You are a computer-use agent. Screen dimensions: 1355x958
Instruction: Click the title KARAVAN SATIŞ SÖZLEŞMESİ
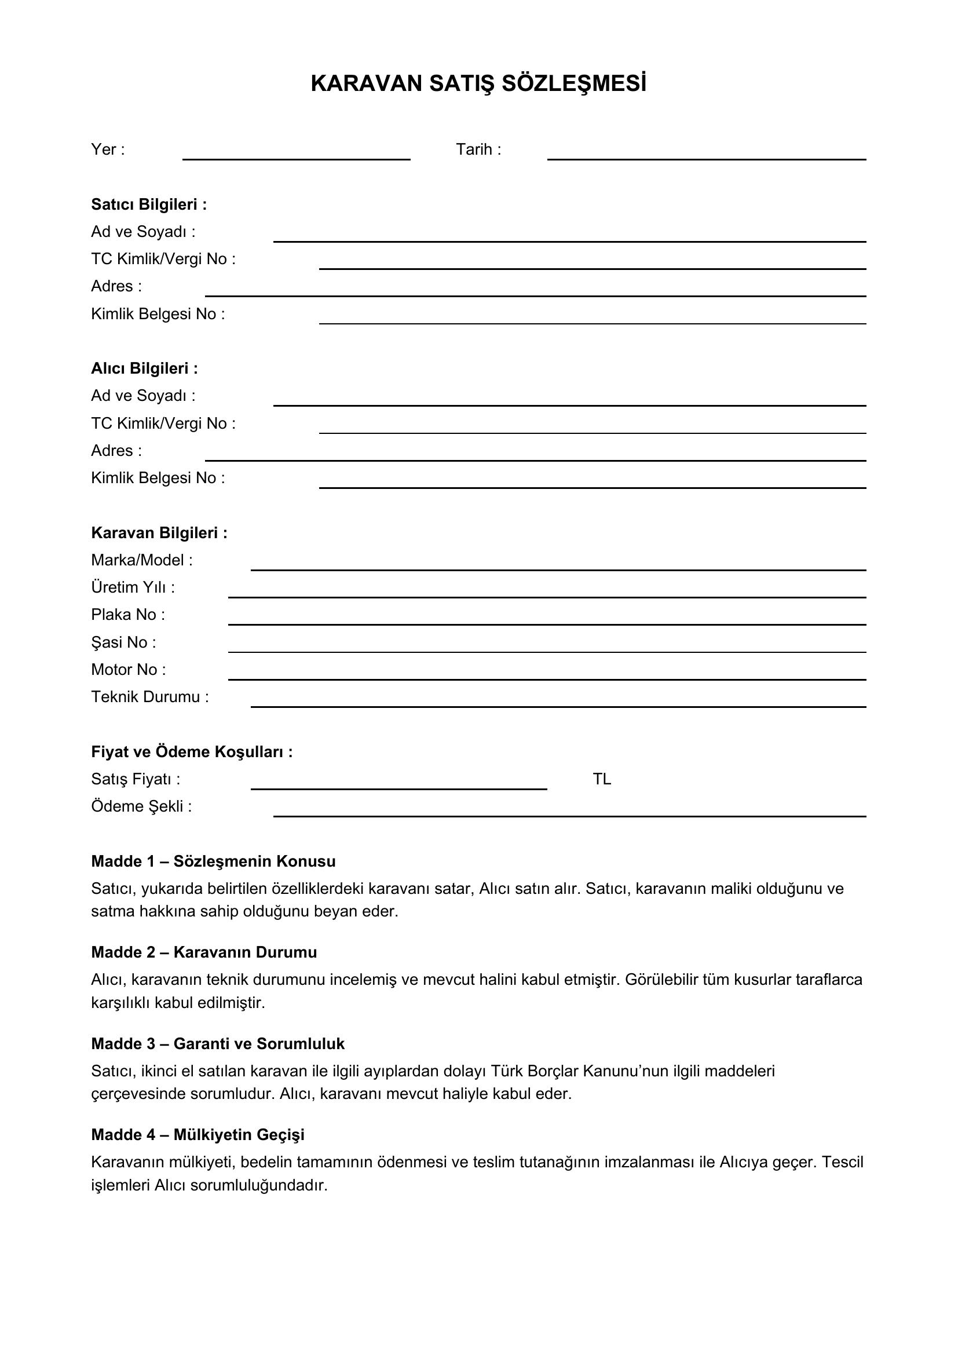(x=478, y=84)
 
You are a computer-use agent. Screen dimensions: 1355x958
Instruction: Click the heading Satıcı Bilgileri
(x=149, y=204)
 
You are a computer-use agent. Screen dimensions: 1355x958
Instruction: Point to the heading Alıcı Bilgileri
(x=145, y=368)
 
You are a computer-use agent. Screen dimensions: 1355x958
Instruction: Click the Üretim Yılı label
(x=133, y=587)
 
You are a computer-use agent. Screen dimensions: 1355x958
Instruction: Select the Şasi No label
(x=123, y=642)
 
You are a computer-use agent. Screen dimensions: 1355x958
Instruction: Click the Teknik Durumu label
(x=150, y=697)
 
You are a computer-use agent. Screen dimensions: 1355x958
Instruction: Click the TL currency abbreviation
(x=602, y=779)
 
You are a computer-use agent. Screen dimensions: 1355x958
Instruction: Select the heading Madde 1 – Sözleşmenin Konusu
(x=213, y=861)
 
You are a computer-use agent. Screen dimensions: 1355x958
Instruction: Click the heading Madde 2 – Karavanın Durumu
(x=203, y=952)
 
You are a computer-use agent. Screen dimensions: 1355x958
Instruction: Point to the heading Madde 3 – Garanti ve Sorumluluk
(x=218, y=1043)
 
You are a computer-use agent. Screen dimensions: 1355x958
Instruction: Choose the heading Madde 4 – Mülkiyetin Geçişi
(x=198, y=1134)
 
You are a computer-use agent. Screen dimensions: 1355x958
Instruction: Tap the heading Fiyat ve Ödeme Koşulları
(x=192, y=752)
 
